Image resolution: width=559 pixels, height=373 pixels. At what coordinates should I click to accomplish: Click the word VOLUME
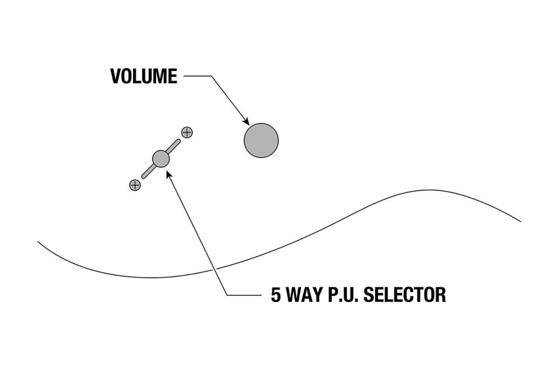point(144,76)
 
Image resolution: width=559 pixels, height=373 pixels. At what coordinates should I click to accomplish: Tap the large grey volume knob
point(261,140)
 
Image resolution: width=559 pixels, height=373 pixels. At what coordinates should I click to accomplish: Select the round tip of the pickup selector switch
point(161,159)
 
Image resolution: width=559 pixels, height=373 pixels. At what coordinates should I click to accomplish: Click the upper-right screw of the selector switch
point(187,132)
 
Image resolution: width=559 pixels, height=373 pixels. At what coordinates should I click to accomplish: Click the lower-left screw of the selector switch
point(135,185)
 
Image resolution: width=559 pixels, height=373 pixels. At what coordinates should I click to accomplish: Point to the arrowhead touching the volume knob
point(246,121)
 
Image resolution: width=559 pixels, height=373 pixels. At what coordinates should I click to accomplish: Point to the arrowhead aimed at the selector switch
point(169,175)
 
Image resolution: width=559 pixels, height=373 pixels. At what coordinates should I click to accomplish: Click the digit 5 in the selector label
point(276,295)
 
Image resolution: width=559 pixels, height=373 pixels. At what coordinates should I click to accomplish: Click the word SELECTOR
point(405,295)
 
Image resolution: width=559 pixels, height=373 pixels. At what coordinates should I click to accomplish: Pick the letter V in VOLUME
point(116,76)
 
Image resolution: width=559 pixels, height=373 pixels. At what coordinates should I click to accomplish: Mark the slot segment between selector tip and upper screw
point(173,146)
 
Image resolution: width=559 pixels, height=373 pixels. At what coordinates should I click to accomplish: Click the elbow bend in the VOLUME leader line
point(211,76)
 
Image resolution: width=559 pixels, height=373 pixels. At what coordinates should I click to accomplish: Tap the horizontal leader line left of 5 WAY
point(244,295)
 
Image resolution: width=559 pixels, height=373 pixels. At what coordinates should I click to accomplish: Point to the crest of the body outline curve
point(429,190)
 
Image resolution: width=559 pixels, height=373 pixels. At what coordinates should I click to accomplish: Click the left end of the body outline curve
point(38,242)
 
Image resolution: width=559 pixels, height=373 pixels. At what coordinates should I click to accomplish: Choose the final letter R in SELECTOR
point(441,295)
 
